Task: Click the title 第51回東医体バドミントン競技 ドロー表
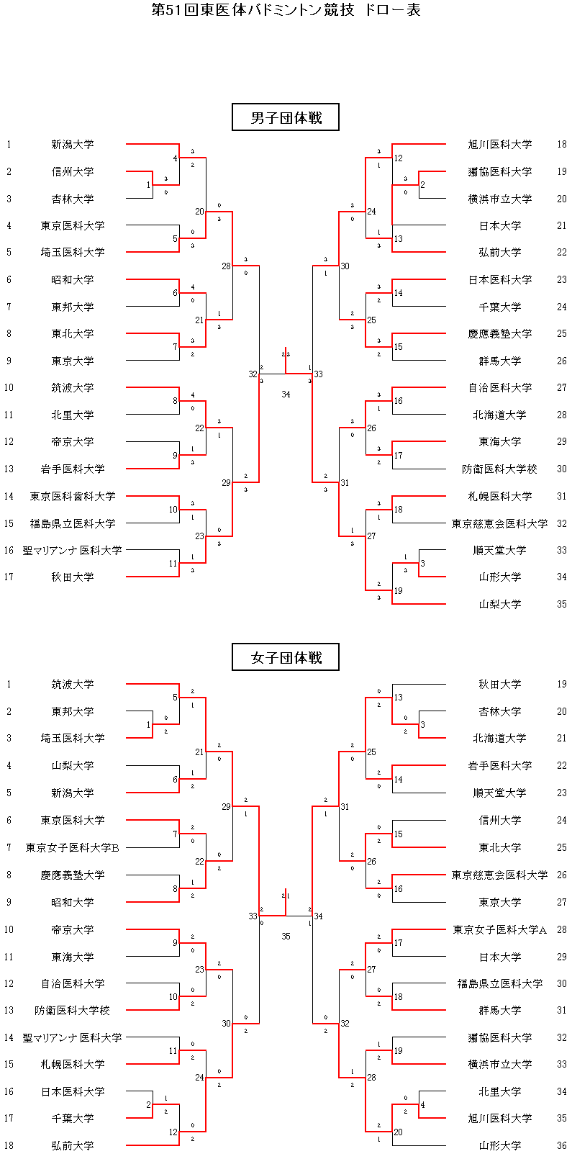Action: [x=286, y=10]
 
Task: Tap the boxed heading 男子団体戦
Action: [x=286, y=117]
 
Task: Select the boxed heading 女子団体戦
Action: [x=286, y=657]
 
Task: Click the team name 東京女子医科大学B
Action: [x=72, y=847]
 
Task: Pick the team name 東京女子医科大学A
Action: [x=499, y=929]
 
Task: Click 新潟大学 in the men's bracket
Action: [x=72, y=144]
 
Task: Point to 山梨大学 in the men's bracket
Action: [x=499, y=604]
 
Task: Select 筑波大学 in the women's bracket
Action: [x=72, y=684]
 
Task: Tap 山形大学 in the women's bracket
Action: [x=499, y=1145]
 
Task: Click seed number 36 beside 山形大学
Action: [x=561, y=1145]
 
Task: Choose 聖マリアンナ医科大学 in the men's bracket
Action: [x=72, y=550]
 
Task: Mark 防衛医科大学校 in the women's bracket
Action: [x=72, y=1010]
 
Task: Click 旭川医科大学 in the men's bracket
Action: [x=499, y=144]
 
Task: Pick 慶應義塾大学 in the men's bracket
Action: [x=499, y=333]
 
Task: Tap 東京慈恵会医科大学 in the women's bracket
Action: [x=499, y=875]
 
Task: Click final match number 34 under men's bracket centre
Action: [x=286, y=394]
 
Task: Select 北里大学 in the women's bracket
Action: [x=499, y=1091]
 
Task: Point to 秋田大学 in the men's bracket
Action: [x=72, y=577]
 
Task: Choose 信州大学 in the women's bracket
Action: [x=499, y=820]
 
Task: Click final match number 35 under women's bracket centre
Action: [x=286, y=937]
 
